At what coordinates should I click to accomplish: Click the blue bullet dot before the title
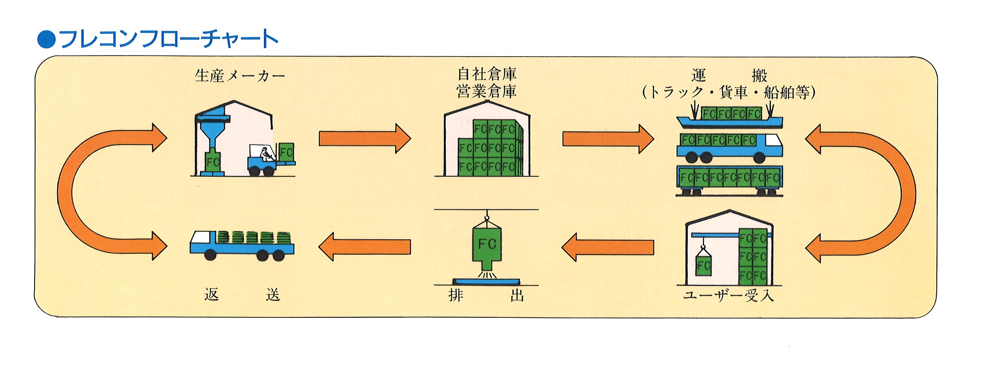coord(46,39)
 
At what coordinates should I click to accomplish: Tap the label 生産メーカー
coord(240,76)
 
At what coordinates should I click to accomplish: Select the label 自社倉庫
coord(487,74)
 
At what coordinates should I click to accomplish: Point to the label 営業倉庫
coord(487,92)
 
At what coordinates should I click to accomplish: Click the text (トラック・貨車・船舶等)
coord(729,92)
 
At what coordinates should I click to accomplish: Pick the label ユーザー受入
coord(728,296)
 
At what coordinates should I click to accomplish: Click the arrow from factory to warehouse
coord(365,139)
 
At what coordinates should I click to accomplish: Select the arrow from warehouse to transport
coord(608,139)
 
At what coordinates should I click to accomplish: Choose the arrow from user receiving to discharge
coord(608,247)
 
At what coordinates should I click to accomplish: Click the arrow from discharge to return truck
coord(365,247)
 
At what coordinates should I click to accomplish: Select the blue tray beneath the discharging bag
coord(486,282)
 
